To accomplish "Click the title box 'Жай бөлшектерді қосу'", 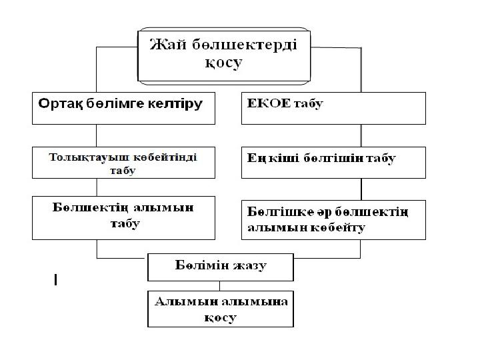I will click(x=224, y=55).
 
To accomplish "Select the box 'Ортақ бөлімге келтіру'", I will click(x=124, y=108).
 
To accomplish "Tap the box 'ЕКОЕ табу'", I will click(x=333, y=108).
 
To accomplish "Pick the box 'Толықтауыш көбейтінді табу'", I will click(x=124, y=163).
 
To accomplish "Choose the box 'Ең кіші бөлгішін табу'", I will click(x=333, y=163).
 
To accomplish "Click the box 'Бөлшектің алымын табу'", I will click(x=124, y=217).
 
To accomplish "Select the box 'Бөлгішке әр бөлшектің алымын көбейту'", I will click(x=333, y=218).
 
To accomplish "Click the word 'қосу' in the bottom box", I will click(x=221, y=318).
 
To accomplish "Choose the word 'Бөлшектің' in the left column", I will click(x=87, y=207).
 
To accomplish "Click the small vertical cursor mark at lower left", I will click(x=55, y=281).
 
